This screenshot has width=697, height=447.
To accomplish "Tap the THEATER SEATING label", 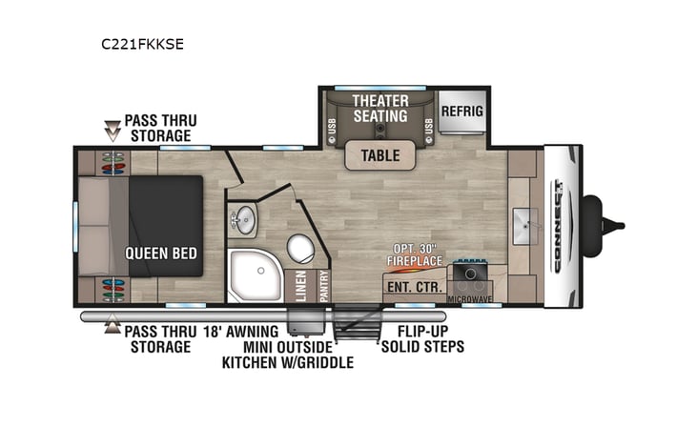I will point(380,108).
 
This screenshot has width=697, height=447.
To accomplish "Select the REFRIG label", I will point(461,111).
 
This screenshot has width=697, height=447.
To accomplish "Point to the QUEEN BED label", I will point(161,254).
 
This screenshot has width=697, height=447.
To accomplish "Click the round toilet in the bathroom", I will point(300,249).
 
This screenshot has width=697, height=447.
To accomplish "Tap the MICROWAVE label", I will point(469,299).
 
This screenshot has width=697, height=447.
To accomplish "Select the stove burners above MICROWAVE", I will point(469,275).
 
